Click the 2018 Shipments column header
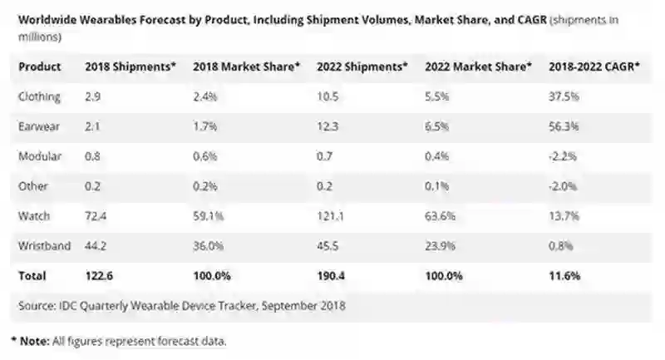click(x=131, y=66)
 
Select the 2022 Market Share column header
click(x=478, y=66)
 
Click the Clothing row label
click(x=40, y=96)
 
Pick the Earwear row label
click(x=38, y=126)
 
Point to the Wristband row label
click(x=45, y=245)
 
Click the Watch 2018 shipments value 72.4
click(x=97, y=215)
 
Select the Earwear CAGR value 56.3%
click(x=565, y=126)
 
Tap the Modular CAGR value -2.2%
click(x=563, y=156)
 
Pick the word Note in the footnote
click(x=35, y=341)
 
